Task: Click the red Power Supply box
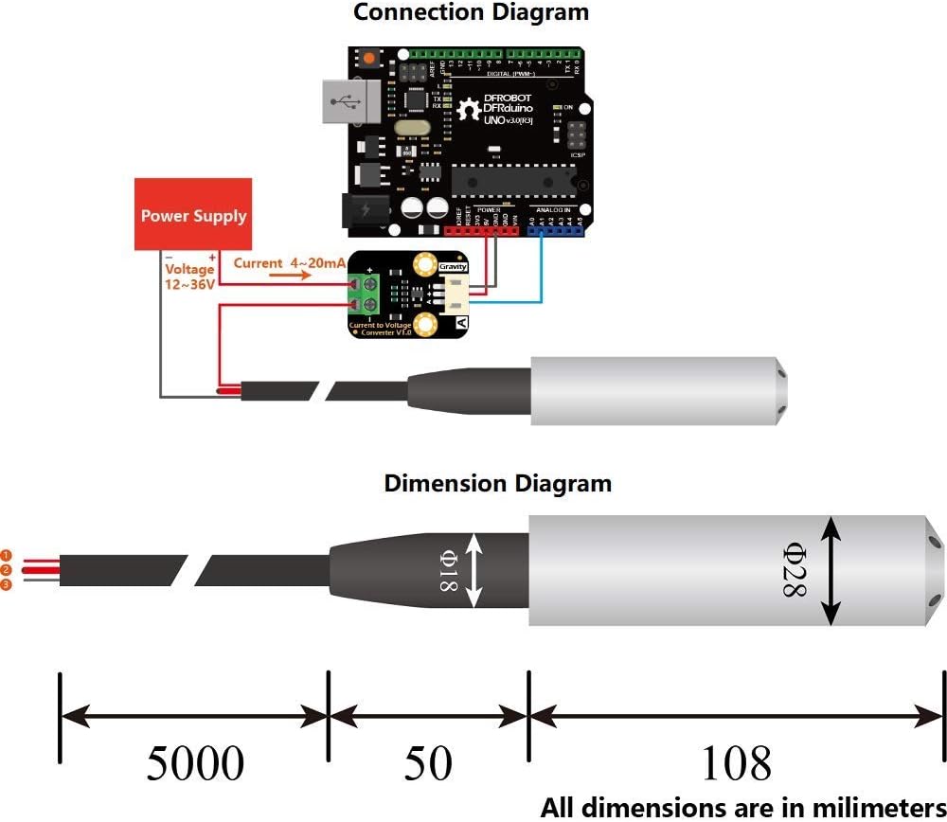point(193,214)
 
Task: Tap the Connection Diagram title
point(471,13)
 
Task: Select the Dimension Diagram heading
point(497,483)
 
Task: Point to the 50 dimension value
point(428,763)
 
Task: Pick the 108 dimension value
point(735,763)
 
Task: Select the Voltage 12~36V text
point(188,277)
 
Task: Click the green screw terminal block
point(366,295)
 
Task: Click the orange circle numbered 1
point(6,555)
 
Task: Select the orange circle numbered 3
point(6,585)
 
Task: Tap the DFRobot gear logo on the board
point(468,110)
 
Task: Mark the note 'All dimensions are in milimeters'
point(742,807)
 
